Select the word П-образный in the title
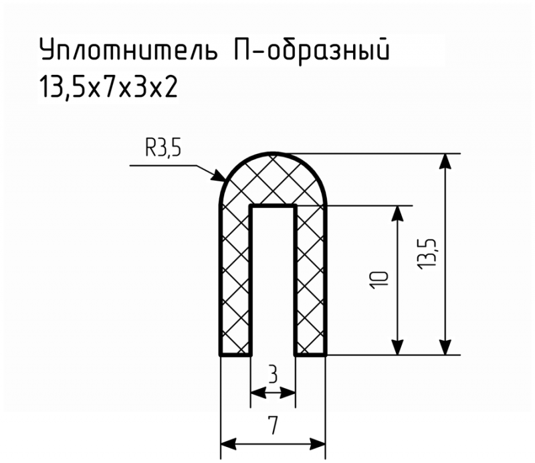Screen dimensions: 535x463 (x=312, y=51)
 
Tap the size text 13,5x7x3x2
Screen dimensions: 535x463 (x=109, y=88)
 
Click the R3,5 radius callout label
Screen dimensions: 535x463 (x=163, y=149)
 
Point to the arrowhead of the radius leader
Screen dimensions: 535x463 (x=219, y=175)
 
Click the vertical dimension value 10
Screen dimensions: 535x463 (x=379, y=280)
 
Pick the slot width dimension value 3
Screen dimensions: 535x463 (x=273, y=375)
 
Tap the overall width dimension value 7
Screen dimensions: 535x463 (x=273, y=426)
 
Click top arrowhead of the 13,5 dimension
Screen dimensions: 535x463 (x=445, y=161)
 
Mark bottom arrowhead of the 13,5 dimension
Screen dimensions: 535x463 (x=445, y=347)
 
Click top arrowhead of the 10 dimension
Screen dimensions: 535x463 (x=397, y=213)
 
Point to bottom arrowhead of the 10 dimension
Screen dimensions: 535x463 (x=397, y=347)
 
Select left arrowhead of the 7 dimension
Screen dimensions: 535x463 (x=229, y=444)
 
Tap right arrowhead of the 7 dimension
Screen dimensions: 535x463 (x=317, y=444)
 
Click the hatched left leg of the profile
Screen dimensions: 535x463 (x=235, y=280)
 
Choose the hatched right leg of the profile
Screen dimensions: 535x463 (x=310, y=280)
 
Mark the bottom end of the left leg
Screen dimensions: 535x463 (x=235, y=355)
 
